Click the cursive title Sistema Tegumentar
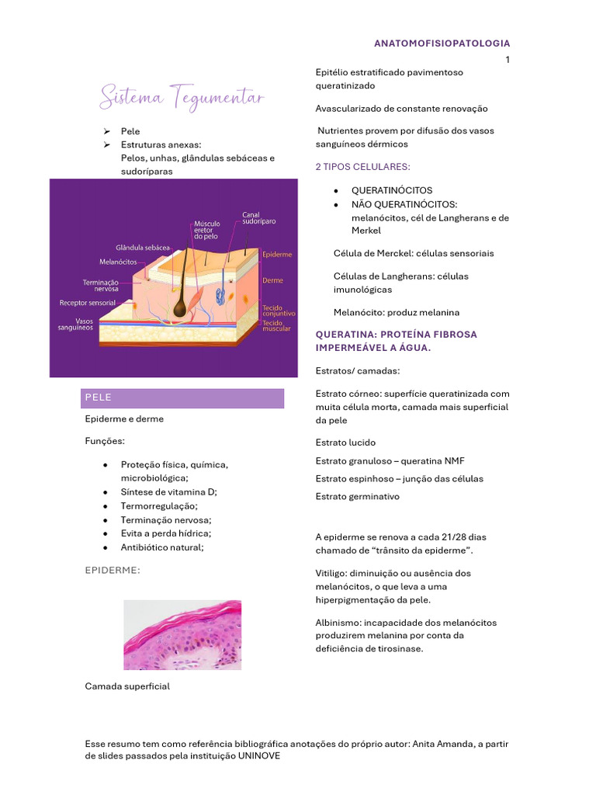click(x=182, y=99)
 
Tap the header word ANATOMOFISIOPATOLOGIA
click(x=442, y=43)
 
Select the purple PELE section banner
click(x=183, y=397)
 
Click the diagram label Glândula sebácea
click(x=143, y=247)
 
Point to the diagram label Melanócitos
click(x=119, y=262)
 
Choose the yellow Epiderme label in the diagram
click(x=277, y=254)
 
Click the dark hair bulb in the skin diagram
click(x=181, y=308)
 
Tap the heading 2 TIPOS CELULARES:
click(x=362, y=167)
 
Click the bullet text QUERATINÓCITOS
click(x=392, y=190)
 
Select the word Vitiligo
click(x=330, y=573)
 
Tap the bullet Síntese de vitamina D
click(x=169, y=492)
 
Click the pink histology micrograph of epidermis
click(x=182, y=635)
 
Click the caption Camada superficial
click(x=127, y=686)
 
